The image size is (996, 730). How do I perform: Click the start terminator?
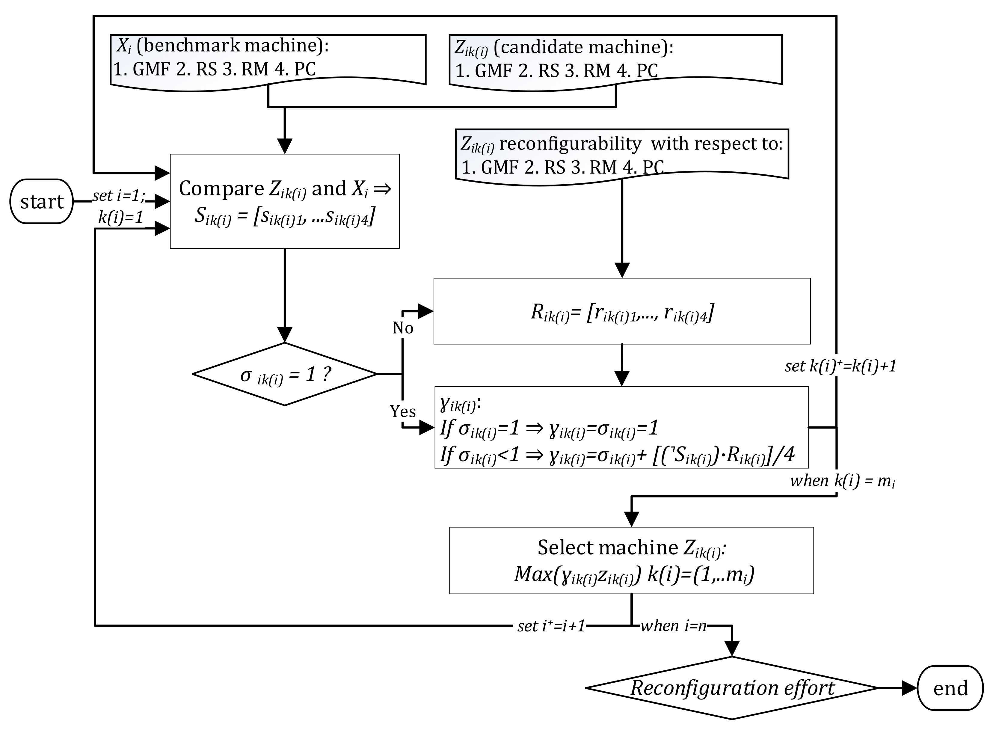pos(42,201)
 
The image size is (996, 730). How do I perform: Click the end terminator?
pos(950,688)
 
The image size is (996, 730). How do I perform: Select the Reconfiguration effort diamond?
pos(732,688)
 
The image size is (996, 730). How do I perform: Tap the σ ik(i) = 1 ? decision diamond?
pos(285,374)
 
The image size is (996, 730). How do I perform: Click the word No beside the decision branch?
pos(402,328)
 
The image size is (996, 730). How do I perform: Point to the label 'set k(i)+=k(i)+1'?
pos(840,366)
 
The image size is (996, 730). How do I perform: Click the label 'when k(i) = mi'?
pos(842,480)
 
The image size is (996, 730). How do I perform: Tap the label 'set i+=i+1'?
pos(551,626)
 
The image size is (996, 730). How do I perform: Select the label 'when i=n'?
pos(673,626)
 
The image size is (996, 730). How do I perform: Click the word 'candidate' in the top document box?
pos(537,47)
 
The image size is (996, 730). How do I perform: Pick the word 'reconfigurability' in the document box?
pos(570,144)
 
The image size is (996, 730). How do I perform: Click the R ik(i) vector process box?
pos(622,312)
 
